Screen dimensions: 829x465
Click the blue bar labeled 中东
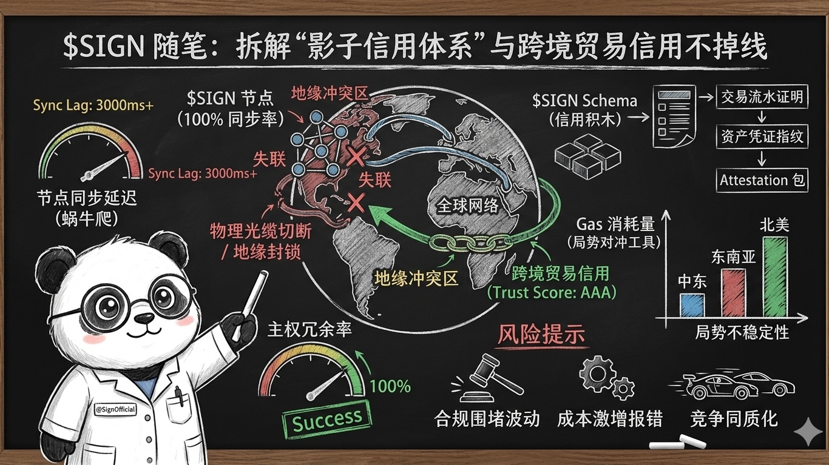692,305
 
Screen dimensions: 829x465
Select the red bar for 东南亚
733,293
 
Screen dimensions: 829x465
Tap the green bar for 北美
774,276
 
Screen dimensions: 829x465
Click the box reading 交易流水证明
763,98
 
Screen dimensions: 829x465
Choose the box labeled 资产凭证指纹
763,136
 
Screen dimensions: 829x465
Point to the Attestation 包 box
763,180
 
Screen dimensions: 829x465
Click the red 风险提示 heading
541,335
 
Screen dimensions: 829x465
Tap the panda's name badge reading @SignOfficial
115,410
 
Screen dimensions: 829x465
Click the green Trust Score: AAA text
552,292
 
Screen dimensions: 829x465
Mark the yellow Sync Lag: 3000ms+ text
93,105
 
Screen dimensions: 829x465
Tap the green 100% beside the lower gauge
390,386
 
